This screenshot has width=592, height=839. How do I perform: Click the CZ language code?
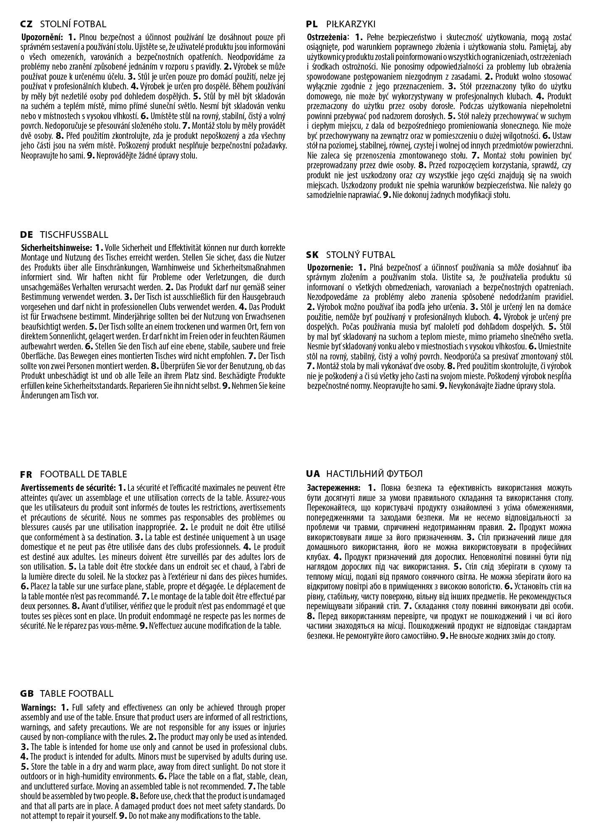(x=26, y=24)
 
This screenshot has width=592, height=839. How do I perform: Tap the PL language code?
(x=312, y=24)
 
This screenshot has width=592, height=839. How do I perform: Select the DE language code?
(x=26, y=235)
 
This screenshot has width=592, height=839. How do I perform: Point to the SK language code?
(x=313, y=255)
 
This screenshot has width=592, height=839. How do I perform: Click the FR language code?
(x=26, y=474)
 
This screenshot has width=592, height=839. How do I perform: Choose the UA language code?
(x=313, y=474)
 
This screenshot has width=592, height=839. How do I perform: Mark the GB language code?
(x=27, y=694)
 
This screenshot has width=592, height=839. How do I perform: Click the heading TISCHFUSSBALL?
(x=74, y=235)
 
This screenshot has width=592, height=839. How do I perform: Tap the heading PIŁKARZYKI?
(x=351, y=24)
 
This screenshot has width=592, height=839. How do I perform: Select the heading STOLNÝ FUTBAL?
(x=360, y=255)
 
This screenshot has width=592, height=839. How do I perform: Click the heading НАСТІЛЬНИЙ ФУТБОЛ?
(x=374, y=474)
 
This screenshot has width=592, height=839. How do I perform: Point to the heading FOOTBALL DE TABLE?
(x=83, y=474)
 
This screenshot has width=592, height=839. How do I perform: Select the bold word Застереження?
(x=333, y=488)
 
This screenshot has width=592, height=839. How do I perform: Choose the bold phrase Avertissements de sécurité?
(x=68, y=488)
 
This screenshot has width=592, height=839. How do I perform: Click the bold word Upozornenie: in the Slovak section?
(x=330, y=268)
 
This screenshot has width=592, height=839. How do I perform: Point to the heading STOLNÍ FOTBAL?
(x=73, y=24)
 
